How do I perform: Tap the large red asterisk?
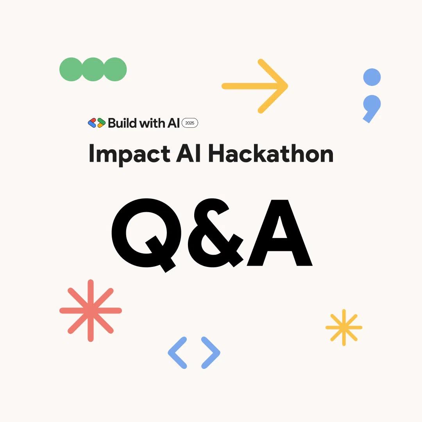[91, 311]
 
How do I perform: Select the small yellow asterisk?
[344, 327]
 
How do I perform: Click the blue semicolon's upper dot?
[372, 77]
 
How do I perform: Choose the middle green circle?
[93, 70]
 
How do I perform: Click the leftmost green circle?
[71, 70]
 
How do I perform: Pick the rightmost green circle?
[115, 70]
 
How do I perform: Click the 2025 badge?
[190, 123]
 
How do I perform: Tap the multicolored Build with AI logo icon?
[97, 123]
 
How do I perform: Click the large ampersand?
[215, 234]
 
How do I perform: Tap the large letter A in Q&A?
[280, 234]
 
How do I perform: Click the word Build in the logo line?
[122, 123]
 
